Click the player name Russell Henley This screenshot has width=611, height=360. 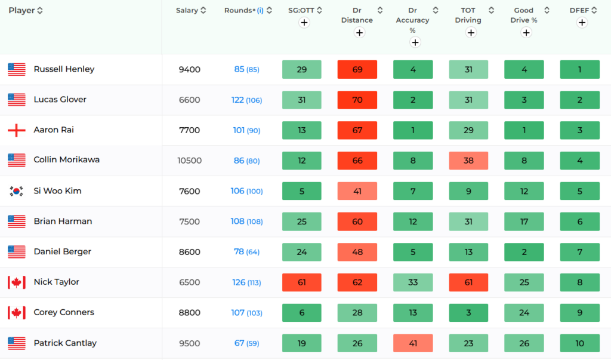64,69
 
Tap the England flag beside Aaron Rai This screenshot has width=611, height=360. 17,130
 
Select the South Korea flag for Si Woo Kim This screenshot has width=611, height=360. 17,191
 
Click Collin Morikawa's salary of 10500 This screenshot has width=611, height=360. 190,160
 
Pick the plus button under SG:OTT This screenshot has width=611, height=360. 304,23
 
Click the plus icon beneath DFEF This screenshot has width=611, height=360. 582,23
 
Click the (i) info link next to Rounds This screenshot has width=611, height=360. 260,10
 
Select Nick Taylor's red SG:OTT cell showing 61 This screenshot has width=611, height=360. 302,282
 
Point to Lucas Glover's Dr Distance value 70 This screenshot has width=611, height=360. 357,100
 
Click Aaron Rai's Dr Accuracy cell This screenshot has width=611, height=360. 413,130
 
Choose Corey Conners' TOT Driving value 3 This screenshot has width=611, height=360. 468,313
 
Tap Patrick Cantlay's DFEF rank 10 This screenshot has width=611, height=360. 580,343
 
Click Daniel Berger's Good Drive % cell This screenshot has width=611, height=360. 524,252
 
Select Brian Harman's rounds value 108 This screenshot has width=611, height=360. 238,221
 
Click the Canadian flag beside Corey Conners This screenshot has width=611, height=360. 17,313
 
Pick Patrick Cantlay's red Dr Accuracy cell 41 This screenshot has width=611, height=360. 413,343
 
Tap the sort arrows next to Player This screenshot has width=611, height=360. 40,10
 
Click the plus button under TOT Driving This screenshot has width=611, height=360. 471,32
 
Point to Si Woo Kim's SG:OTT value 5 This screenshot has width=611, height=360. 302,191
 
